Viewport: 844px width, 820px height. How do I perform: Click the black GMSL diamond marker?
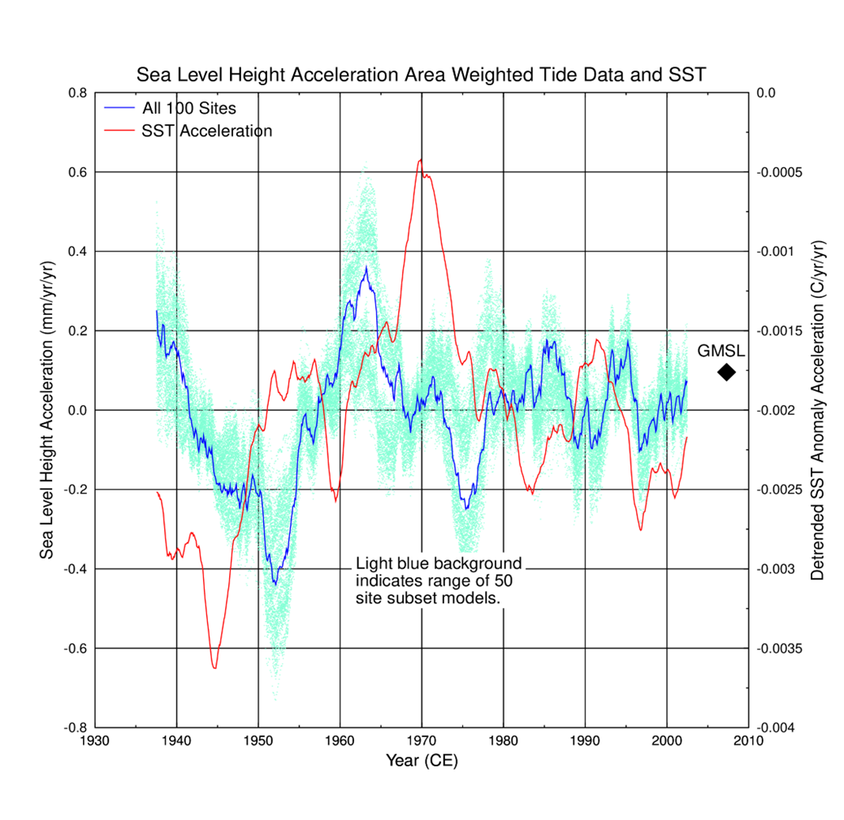point(726,372)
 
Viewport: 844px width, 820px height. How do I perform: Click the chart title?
point(422,75)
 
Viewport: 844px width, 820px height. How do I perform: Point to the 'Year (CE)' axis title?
point(422,760)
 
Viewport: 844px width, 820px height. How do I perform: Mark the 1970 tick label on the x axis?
point(422,740)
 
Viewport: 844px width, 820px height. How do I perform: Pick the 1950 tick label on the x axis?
point(258,740)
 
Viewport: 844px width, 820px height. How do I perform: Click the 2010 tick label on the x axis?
point(748,740)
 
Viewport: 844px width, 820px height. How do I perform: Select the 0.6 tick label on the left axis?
point(76,172)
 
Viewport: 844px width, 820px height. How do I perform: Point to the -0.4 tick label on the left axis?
point(74,569)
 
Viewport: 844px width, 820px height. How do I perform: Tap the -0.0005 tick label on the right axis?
point(779,172)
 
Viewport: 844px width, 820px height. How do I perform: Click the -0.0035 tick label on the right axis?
point(779,649)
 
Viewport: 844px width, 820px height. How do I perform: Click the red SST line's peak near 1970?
point(420,160)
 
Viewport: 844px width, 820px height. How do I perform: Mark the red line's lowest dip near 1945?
point(214,667)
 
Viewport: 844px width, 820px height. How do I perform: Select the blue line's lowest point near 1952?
point(275,584)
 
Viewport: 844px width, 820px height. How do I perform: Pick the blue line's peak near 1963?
point(366,267)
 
